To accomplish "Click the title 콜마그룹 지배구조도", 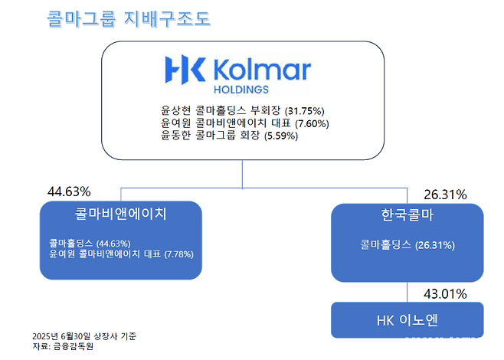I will click(128, 18).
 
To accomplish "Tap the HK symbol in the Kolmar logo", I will click(185, 70).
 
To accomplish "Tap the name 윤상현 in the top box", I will click(175, 110).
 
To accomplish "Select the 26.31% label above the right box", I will click(445, 195).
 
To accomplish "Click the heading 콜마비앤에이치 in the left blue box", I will click(120, 214).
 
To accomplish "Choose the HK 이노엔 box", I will click(407, 319).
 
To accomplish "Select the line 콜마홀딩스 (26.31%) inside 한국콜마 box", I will click(407, 246).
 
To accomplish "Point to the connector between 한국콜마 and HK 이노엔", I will click(407, 292).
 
